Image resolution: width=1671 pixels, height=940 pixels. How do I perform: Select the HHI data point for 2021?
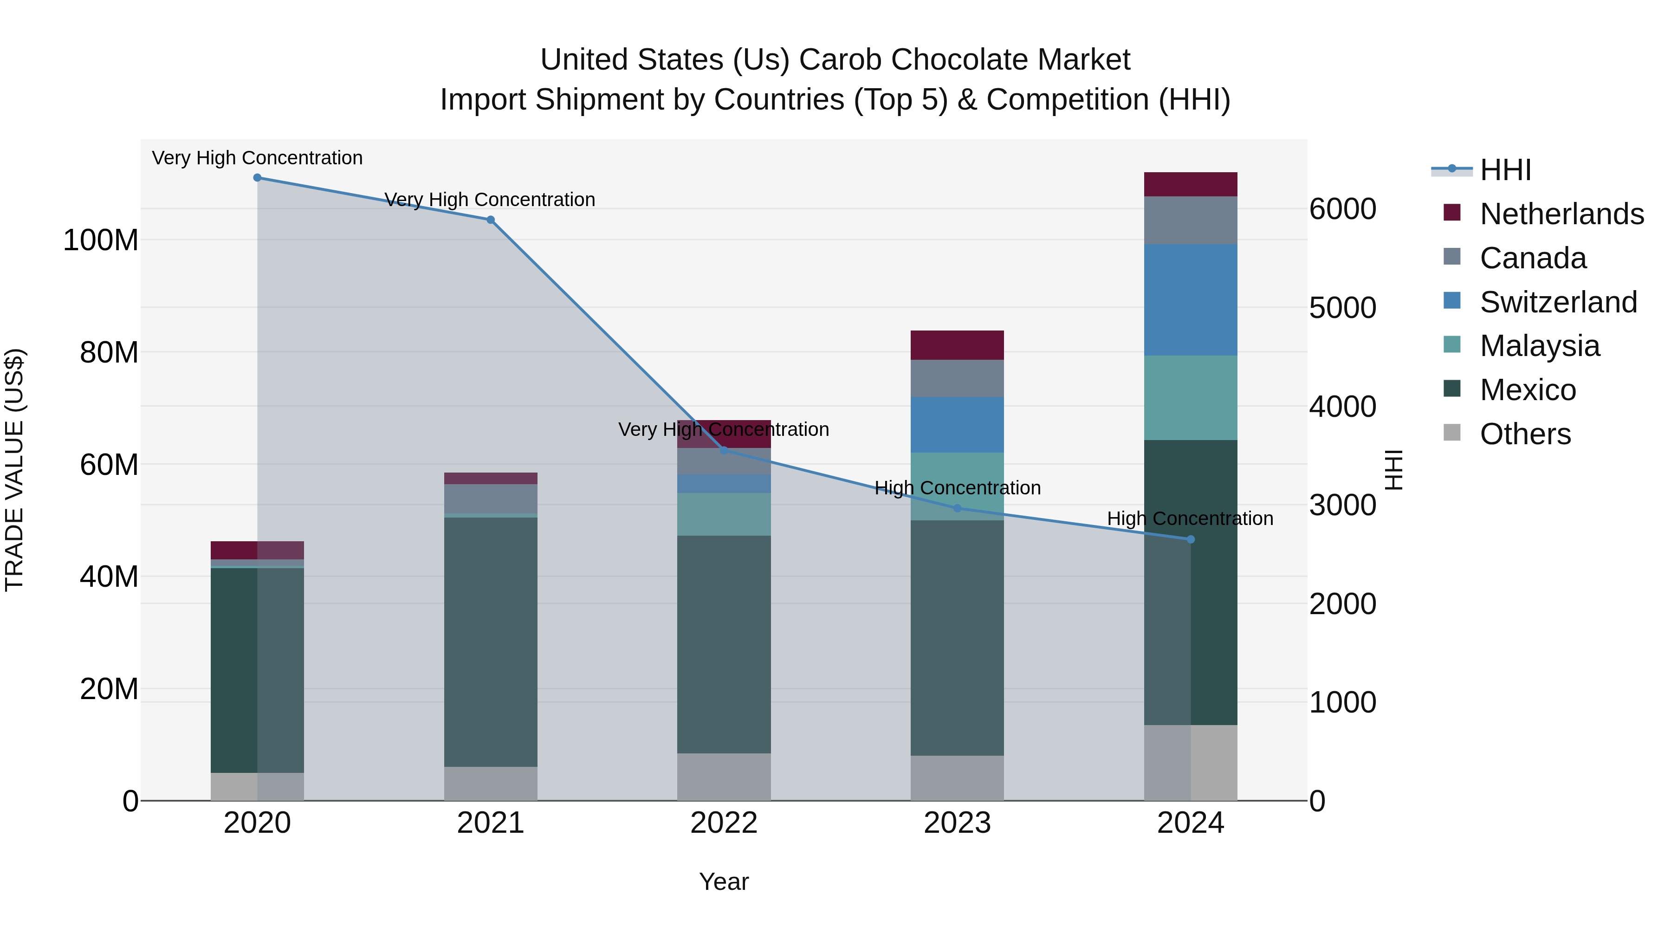pos(491,220)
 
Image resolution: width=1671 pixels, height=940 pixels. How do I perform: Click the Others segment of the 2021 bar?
pos(491,784)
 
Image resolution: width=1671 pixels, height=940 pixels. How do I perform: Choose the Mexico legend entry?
pos(1527,390)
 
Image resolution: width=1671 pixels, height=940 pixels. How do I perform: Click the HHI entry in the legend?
pos(1505,170)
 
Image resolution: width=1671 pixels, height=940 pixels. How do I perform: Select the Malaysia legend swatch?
pos(1452,344)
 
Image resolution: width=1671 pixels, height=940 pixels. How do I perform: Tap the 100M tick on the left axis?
pos(101,240)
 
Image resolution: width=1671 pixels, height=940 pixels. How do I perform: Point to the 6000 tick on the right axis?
pos(1342,209)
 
